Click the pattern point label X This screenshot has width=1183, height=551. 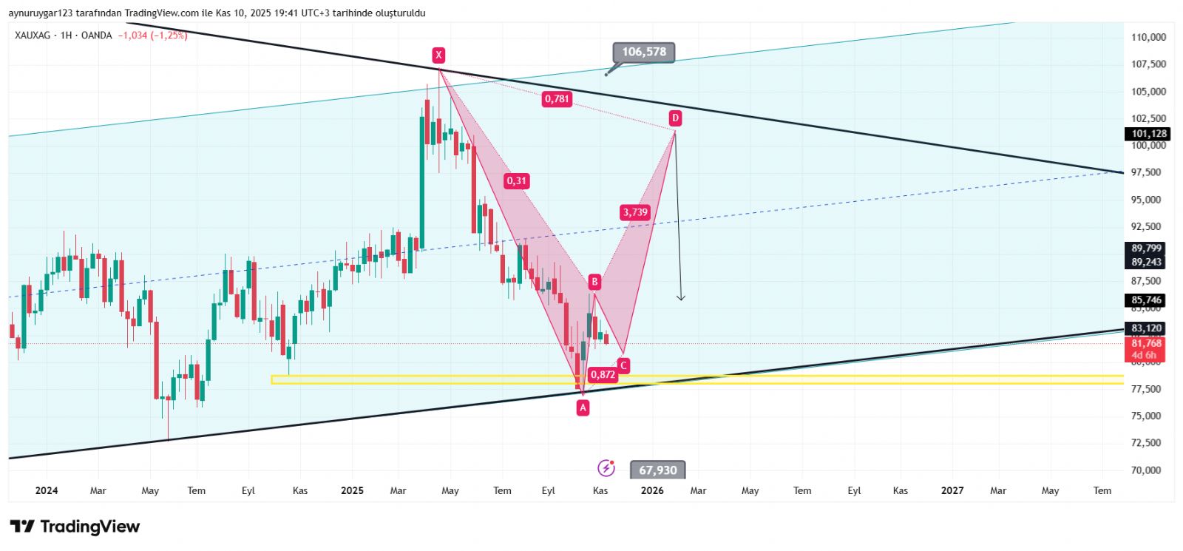click(x=438, y=55)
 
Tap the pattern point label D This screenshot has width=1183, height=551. click(x=674, y=118)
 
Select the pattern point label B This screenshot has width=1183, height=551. click(x=594, y=282)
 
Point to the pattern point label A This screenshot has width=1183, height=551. click(x=583, y=407)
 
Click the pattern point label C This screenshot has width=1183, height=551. click(x=624, y=365)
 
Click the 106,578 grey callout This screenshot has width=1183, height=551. click(x=643, y=52)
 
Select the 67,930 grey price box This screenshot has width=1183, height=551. click(x=657, y=470)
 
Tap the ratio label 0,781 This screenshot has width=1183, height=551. click(x=557, y=98)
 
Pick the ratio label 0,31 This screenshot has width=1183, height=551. click(x=516, y=180)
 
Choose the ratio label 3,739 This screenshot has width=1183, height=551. click(x=635, y=212)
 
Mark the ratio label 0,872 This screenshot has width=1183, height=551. click(x=603, y=374)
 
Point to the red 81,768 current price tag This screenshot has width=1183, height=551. click(x=1146, y=343)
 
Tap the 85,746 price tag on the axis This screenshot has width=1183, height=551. click(x=1146, y=300)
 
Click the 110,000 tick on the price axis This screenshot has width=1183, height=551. click(x=1148, y=37)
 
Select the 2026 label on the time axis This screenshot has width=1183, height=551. click(x=651, y=490)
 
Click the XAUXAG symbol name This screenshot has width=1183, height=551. click(x=33, y=36)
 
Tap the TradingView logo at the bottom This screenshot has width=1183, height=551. click(x=75, y=527)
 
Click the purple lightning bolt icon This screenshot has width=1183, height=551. click(x=606, y=468)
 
